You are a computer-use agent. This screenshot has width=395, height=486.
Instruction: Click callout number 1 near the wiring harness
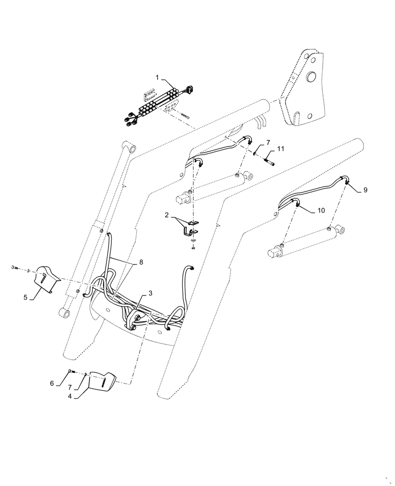[157, 77]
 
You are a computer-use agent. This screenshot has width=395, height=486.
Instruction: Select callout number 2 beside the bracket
[166, 214]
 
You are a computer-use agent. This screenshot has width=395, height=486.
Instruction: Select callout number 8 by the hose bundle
[141, 262]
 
